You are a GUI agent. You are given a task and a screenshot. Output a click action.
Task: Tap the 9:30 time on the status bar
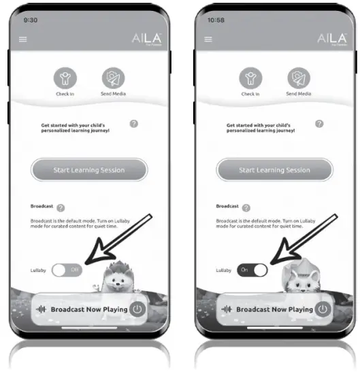coord(31,20)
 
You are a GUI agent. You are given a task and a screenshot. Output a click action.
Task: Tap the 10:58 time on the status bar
coord(216,20)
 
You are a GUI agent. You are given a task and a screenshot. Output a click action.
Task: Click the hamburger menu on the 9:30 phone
coord(23,39)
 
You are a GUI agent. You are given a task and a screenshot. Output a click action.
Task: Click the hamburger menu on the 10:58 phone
coord(208,39)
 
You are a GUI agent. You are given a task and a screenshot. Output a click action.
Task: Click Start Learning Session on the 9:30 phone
coord(89,170)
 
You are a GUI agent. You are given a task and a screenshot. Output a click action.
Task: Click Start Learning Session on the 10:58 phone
coord(274,170)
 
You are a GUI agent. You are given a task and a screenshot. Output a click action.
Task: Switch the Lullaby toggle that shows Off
coord(67,270)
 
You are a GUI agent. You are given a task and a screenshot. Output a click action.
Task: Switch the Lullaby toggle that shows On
coord(252,270)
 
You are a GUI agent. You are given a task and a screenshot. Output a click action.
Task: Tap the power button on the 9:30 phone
coord(138,309)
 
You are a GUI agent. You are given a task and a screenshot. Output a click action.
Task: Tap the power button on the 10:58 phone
coord(323,309)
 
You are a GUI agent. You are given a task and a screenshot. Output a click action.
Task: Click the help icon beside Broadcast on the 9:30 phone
coord(61,207)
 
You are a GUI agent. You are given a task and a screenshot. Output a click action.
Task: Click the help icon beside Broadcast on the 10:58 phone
coord(246,207)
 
